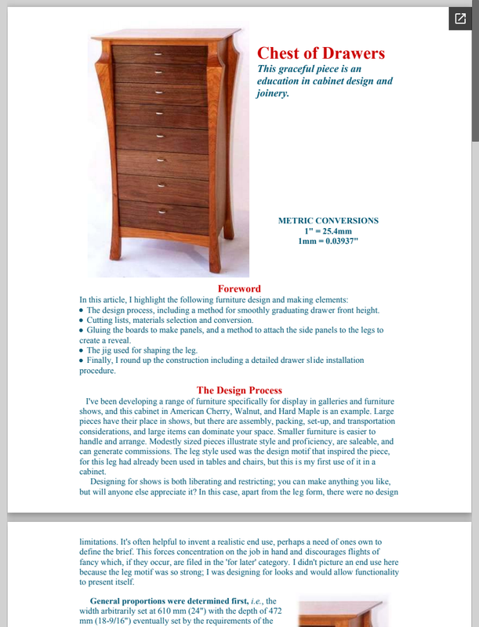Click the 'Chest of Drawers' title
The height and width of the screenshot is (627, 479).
click(x=321, y=53)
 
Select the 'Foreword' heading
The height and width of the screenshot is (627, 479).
click(x=239, y=289)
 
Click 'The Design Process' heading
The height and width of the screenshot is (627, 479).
click(x=239, y=390)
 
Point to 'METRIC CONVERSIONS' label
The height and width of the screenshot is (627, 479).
click(x=328, y=220)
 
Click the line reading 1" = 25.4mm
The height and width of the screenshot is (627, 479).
click(x=328, y=231)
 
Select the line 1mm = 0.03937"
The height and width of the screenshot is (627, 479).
click(x=328, y=242)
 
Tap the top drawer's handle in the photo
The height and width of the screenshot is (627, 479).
click(x=159, y=53)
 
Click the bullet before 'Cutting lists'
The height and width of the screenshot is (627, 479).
click(x=82, y=321)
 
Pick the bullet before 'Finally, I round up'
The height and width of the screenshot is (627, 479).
click(x=82, y=361)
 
